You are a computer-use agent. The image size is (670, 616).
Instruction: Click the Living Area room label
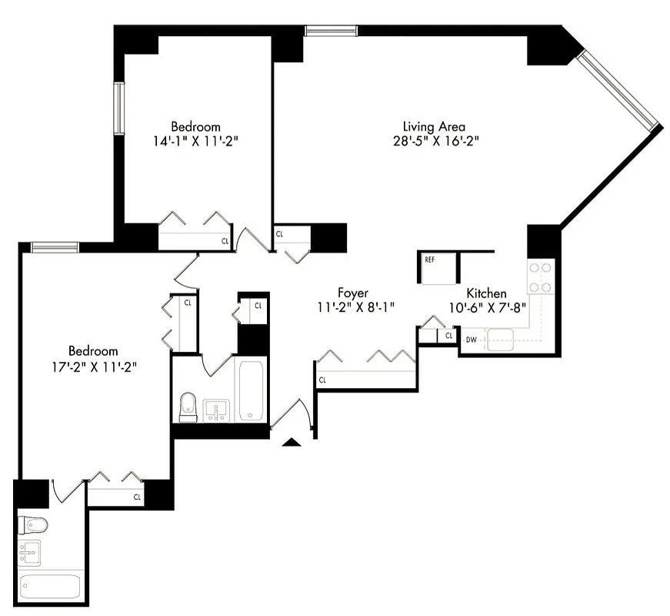[434, 126]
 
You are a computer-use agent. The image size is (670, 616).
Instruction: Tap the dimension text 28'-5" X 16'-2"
[435, 141]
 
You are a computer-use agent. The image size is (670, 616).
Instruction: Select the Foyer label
[352, 293]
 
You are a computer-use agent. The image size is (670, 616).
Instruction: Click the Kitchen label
[486, 293]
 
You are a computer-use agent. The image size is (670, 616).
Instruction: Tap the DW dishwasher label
[470, 339]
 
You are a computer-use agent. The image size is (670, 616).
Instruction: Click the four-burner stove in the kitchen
[540, 278]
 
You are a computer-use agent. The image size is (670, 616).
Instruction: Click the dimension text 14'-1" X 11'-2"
[195, 141]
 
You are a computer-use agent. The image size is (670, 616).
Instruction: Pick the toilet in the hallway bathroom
[188, 407]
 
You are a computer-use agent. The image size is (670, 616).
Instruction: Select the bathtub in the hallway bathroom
[252, 390]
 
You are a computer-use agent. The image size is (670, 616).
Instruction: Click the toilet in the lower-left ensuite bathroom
[33, 525]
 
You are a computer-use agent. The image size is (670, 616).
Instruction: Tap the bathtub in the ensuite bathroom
[50, 588]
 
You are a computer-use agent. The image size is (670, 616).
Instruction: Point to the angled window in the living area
[620, 90]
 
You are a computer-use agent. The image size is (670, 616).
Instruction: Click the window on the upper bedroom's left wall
[119, 108]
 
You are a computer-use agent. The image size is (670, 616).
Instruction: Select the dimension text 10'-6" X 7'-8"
[486, 308]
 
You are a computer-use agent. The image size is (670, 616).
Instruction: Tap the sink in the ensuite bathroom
[29, 554]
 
